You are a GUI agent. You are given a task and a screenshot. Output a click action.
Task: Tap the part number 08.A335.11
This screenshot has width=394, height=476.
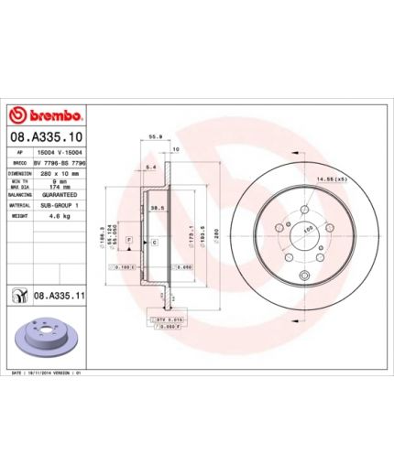[59, 296]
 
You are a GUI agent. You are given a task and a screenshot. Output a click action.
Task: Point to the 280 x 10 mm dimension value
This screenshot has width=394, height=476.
[62, 172]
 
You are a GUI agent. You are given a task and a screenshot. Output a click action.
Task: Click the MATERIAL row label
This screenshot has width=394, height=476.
[21, 206]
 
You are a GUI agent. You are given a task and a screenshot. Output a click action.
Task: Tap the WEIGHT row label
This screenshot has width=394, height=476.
[19, 218]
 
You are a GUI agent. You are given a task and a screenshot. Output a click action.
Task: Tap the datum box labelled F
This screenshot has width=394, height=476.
[130, 240]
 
